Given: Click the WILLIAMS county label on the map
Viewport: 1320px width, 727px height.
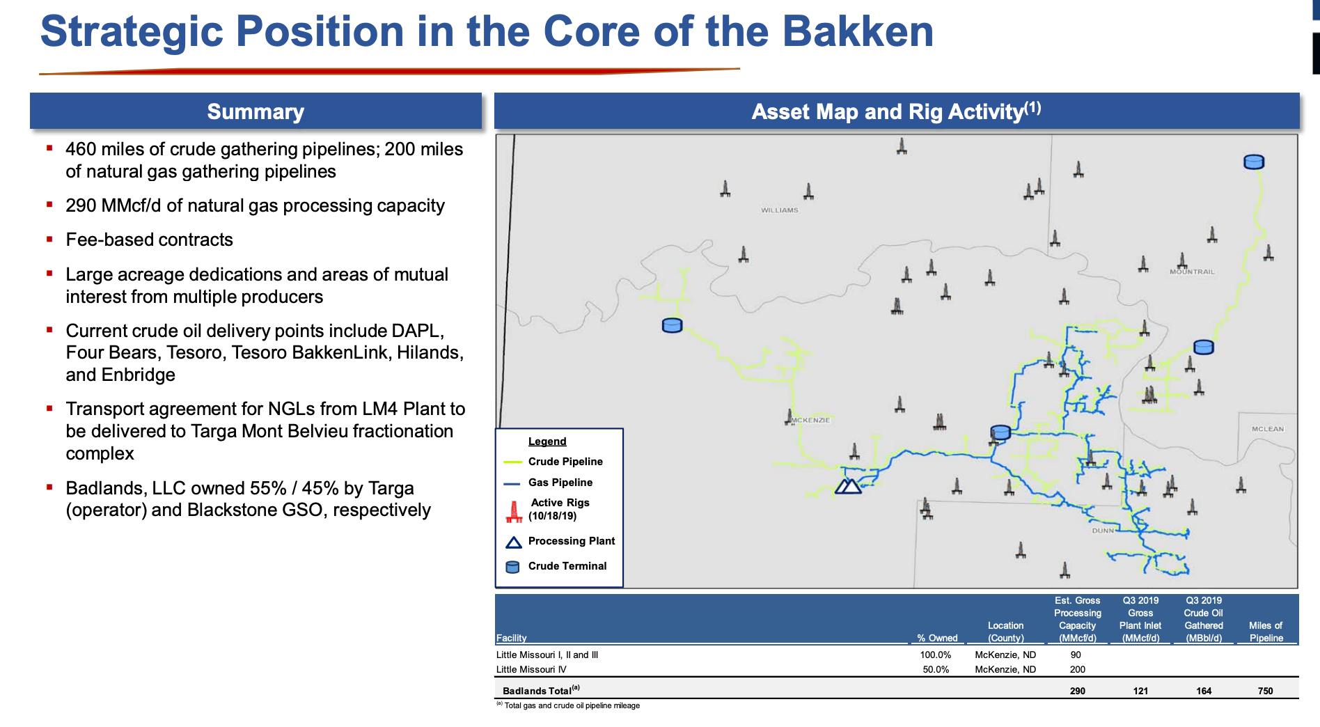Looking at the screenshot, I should [x=779, y=210].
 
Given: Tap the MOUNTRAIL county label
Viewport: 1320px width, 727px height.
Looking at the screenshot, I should [x=1192, y=272].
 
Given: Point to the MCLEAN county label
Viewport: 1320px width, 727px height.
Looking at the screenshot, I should [x=1267, y=429].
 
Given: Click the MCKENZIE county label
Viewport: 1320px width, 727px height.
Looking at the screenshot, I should [x=811, y=421].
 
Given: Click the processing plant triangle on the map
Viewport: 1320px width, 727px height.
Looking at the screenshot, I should [x=848, y=486].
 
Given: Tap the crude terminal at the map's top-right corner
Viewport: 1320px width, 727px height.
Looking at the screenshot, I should [x=1253, y=162].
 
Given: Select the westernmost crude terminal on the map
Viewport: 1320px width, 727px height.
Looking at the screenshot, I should [x=672, y=325].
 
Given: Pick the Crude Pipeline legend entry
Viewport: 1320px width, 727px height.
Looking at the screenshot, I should [x=565, y=462].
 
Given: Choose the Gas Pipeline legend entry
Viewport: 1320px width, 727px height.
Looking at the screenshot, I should [x=560, y=483].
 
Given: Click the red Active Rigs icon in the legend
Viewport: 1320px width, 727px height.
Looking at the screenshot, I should [x=514, y=512].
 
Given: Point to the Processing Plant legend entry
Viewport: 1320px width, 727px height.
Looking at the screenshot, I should [x=571, y=541].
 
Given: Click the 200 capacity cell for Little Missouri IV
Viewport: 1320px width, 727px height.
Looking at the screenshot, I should [x=1077, y=669].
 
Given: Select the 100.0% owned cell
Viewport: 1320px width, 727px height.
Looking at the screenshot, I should [x=935, y=655].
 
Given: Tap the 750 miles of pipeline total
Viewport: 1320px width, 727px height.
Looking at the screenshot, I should [x=1265, y=691].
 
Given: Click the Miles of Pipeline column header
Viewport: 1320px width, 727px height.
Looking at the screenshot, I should [x=1265, y=632].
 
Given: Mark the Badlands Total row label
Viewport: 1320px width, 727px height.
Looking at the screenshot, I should [x=537, y=691].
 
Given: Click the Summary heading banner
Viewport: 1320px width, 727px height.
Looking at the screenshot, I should [x=256, y=111].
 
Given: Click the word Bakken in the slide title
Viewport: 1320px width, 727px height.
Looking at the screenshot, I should [x=858, y=32].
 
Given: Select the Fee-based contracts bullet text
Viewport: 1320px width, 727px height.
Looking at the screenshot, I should [x=149, y=240].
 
